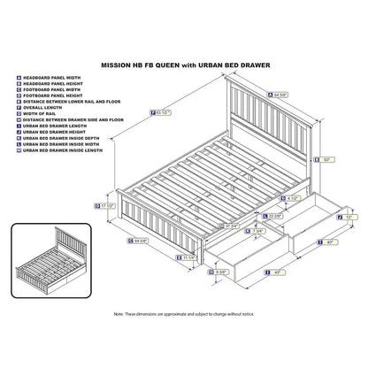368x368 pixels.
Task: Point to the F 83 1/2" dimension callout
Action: point(161,113)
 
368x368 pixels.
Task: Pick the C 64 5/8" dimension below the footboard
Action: point(138,239)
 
